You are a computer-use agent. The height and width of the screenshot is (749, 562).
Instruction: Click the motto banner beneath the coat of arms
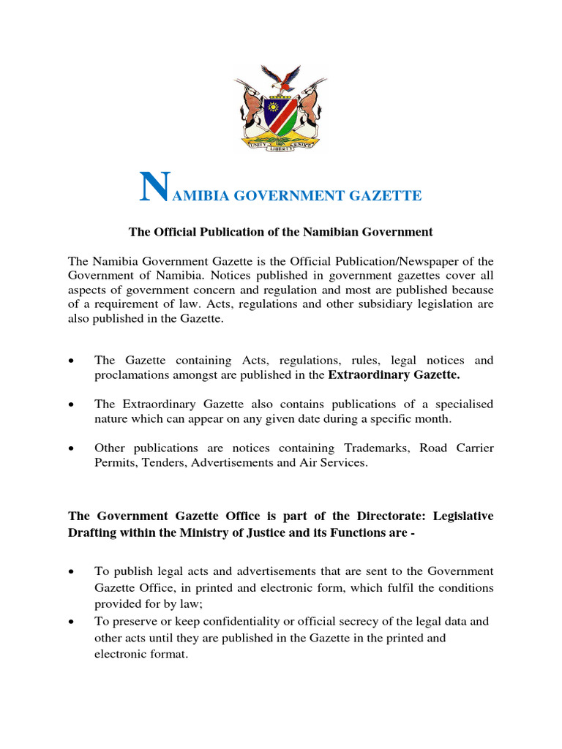click(x=280, y=145)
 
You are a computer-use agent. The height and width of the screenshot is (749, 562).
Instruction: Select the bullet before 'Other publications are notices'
click(x=71, y=448)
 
